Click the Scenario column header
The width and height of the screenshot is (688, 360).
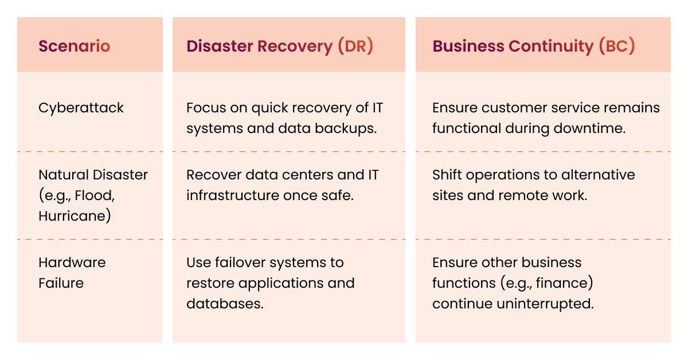[x=74, y=46]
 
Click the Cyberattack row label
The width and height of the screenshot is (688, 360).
[x=81, y=108]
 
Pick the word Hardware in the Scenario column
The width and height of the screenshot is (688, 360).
[x=72, y=263]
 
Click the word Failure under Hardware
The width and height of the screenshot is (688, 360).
[x=61, y=283]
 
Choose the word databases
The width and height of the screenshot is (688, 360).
[x=225, y=304]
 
